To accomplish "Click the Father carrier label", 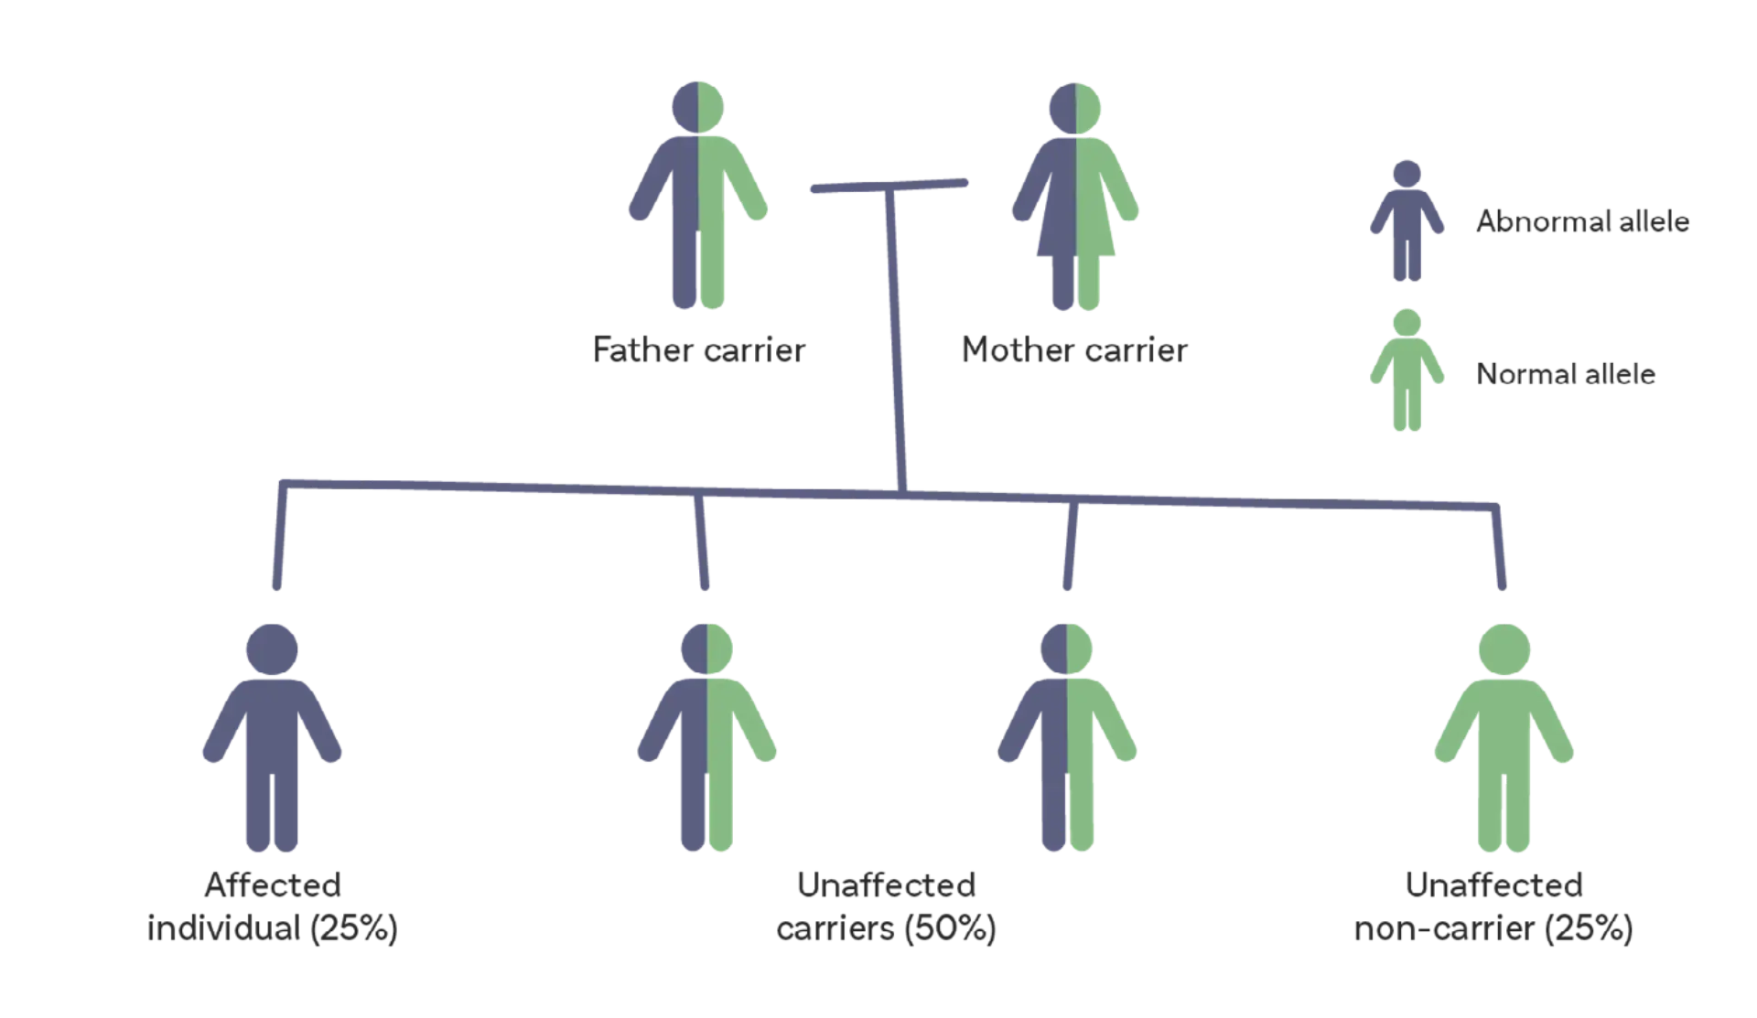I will [700, 349].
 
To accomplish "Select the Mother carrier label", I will [1074, 349].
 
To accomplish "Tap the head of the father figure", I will [697, 102].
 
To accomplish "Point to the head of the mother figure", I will [1075, 102].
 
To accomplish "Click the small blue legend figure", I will [1407, 220].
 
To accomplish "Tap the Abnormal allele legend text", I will [1581, 220].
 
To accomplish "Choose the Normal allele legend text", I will [1566, 374].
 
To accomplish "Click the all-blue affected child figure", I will [271, 741].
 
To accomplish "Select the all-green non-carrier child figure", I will [1503, 741].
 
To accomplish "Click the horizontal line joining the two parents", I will [888, 186].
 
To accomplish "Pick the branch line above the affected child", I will [277, 540].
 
